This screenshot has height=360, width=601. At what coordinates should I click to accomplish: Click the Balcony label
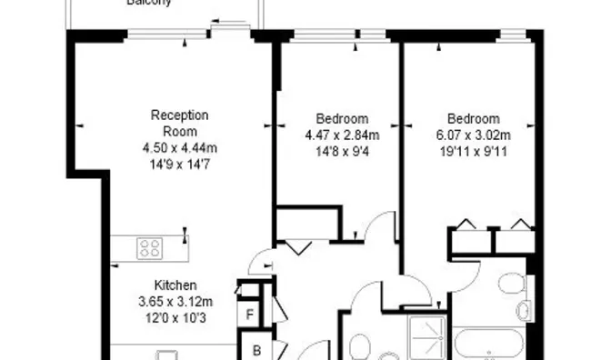[150, 3]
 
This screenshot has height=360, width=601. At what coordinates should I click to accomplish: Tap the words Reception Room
[180, 124]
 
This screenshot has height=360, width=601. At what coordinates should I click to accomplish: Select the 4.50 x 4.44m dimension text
[180, 148]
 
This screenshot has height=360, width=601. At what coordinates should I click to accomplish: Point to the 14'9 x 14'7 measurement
[180, 163]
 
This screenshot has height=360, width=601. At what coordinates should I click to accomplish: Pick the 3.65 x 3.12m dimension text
[177, 302]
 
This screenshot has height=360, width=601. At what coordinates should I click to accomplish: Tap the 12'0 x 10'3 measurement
[177, 316]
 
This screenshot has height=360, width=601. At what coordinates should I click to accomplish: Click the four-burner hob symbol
[149, 246]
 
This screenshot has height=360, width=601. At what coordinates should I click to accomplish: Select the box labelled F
[250, 316]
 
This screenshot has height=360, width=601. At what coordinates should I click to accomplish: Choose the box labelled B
[257, 350]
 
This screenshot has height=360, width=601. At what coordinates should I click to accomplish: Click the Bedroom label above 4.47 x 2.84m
[342, 119]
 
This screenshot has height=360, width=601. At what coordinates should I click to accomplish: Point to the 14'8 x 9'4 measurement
[342, 151]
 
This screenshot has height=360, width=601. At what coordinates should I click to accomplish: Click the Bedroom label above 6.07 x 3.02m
[473, 119]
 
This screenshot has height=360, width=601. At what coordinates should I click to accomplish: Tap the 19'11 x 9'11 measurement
[473, 151]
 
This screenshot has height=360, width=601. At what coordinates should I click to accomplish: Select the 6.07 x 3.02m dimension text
[473, 135]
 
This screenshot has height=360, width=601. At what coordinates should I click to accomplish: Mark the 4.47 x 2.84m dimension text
[342, 135]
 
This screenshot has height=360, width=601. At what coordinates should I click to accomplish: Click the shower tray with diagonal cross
[427, 336]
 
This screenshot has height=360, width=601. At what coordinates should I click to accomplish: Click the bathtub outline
[489, 345]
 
